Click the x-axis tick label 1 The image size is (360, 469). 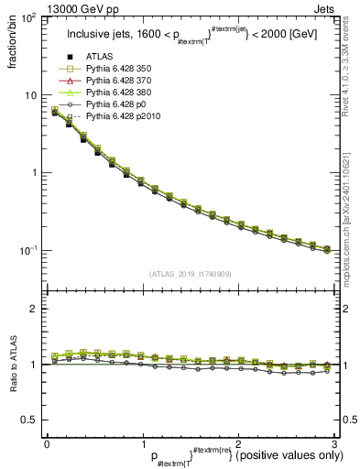coord(142,444)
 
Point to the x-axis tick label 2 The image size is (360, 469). coord(237,444)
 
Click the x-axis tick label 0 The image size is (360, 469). coord(47,444)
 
